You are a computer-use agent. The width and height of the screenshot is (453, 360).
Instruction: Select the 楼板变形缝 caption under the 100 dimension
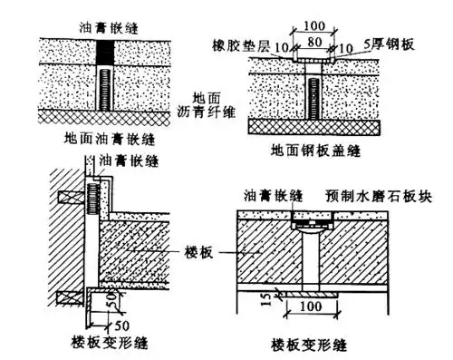pyautogui.click(x=312, y=345)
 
